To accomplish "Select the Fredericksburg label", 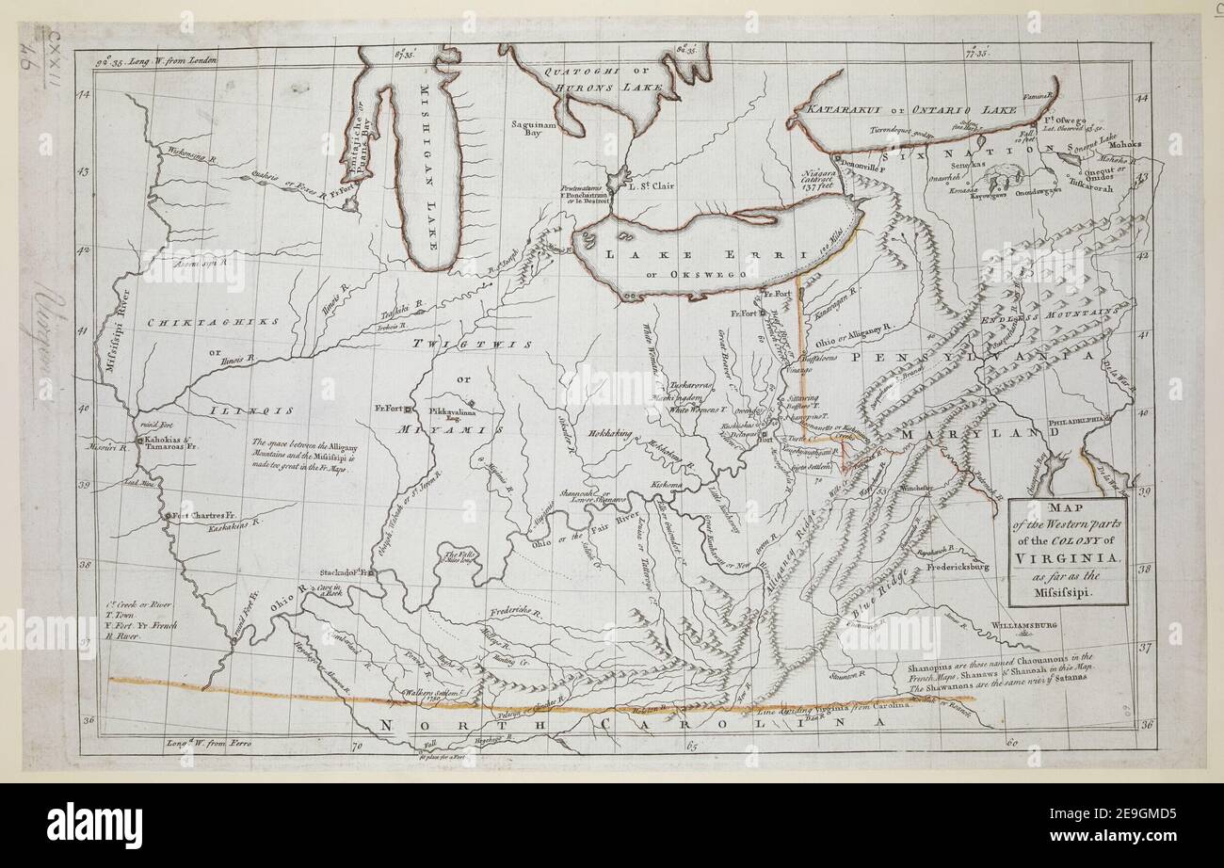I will [x=955, y=568].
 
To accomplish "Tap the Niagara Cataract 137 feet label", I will [x=821, y=179].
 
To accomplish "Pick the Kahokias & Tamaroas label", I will [x=169, y=444].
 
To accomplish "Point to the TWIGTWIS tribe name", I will [x=460, y=345].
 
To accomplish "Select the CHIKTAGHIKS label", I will [x=215, y=322].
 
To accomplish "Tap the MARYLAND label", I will [x=971, y=433].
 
